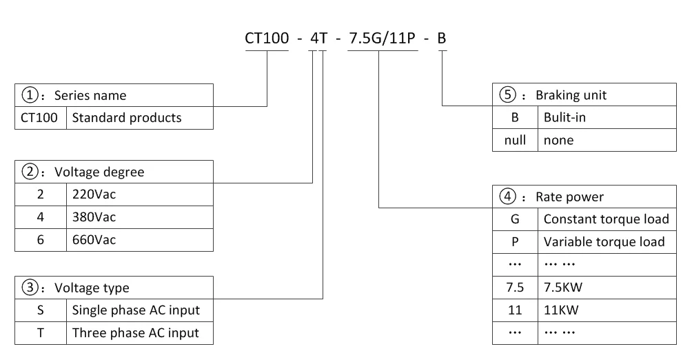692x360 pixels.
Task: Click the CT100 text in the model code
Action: (x=267, y=38)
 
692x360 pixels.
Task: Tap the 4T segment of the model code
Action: (x=318, y=38)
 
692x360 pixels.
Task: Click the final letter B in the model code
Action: (x=442, y=38)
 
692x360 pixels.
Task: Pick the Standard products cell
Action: (x=127, y=117)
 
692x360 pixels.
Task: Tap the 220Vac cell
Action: (x=94, y=194)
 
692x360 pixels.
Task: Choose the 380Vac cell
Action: (x=94, y=217)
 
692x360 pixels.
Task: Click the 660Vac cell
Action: (x=94, y=239)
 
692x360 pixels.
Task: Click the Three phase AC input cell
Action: (x=136, y=332)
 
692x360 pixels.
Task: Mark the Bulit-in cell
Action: (x=564, y=117)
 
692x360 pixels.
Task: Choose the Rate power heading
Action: (x=569, y=197)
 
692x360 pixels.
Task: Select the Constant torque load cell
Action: (x=606, y=219)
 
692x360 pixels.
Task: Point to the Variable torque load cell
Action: (x=604, y=242)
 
